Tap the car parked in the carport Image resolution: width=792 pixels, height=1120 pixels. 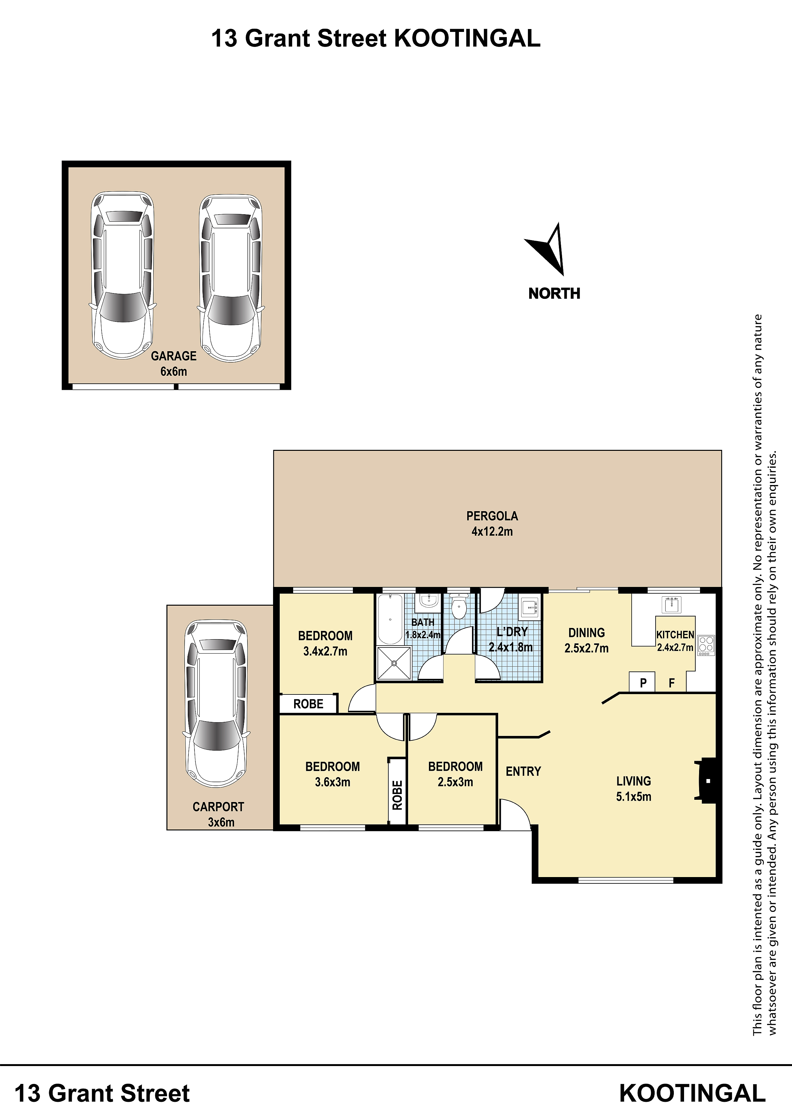coord(216,703)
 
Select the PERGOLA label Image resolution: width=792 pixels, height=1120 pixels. coord(492,516)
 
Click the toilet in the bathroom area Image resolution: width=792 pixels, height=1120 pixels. coord(459,606)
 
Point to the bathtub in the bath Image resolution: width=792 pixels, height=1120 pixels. coord(390,618)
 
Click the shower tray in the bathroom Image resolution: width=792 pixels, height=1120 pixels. coord(393,663)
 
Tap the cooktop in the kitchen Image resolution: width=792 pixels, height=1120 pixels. coord(706,645)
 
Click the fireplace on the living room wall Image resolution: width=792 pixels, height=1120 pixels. coord(706,780)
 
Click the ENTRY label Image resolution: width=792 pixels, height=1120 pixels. coord(523,771)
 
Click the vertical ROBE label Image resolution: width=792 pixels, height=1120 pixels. coord(397,795)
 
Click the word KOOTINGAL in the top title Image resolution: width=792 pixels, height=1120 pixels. coord(467,38)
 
